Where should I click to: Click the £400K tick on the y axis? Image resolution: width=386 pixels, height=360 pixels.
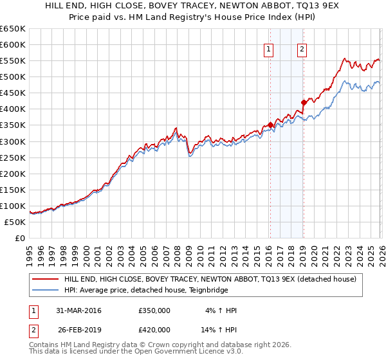pyautogui.click(x=13, y=109)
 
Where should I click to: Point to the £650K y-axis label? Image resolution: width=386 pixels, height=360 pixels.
pyautogui.click(x=13, y=29)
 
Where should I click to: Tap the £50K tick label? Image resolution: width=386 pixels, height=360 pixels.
pyautogui.click(x=15, y=222)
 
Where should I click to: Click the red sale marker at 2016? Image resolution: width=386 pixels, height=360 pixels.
pyautogui.click(x=270, y=125)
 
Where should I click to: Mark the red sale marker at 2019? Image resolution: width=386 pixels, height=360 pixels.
pyautogui.click(x=303, y=102)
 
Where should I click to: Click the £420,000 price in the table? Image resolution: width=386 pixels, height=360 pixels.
pyautogui.click(x=154, y=330)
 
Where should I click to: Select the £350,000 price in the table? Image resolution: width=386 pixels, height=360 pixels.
pyautogui.click(x=154, y=310)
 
